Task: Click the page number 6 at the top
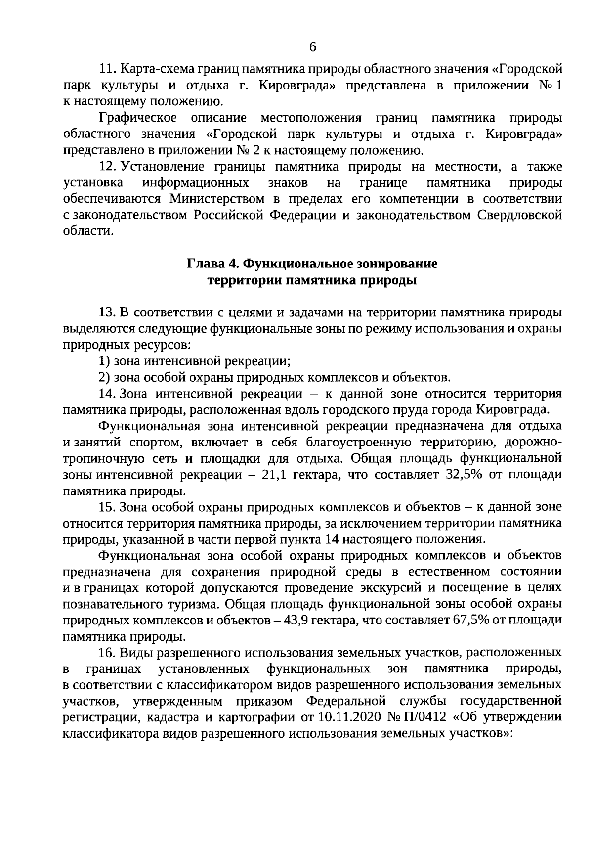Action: click(x=312, y=47)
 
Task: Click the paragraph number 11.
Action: click(x=108, y=69)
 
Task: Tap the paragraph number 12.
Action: click(x=108, y=167)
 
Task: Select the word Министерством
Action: click(x=214, y=199)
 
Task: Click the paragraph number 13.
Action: click(x=108, y=312)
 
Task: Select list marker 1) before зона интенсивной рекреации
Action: click(x=104, y=361)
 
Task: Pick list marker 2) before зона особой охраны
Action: click(x=104, y=378)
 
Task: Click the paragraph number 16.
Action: click(x=108, y=653)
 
